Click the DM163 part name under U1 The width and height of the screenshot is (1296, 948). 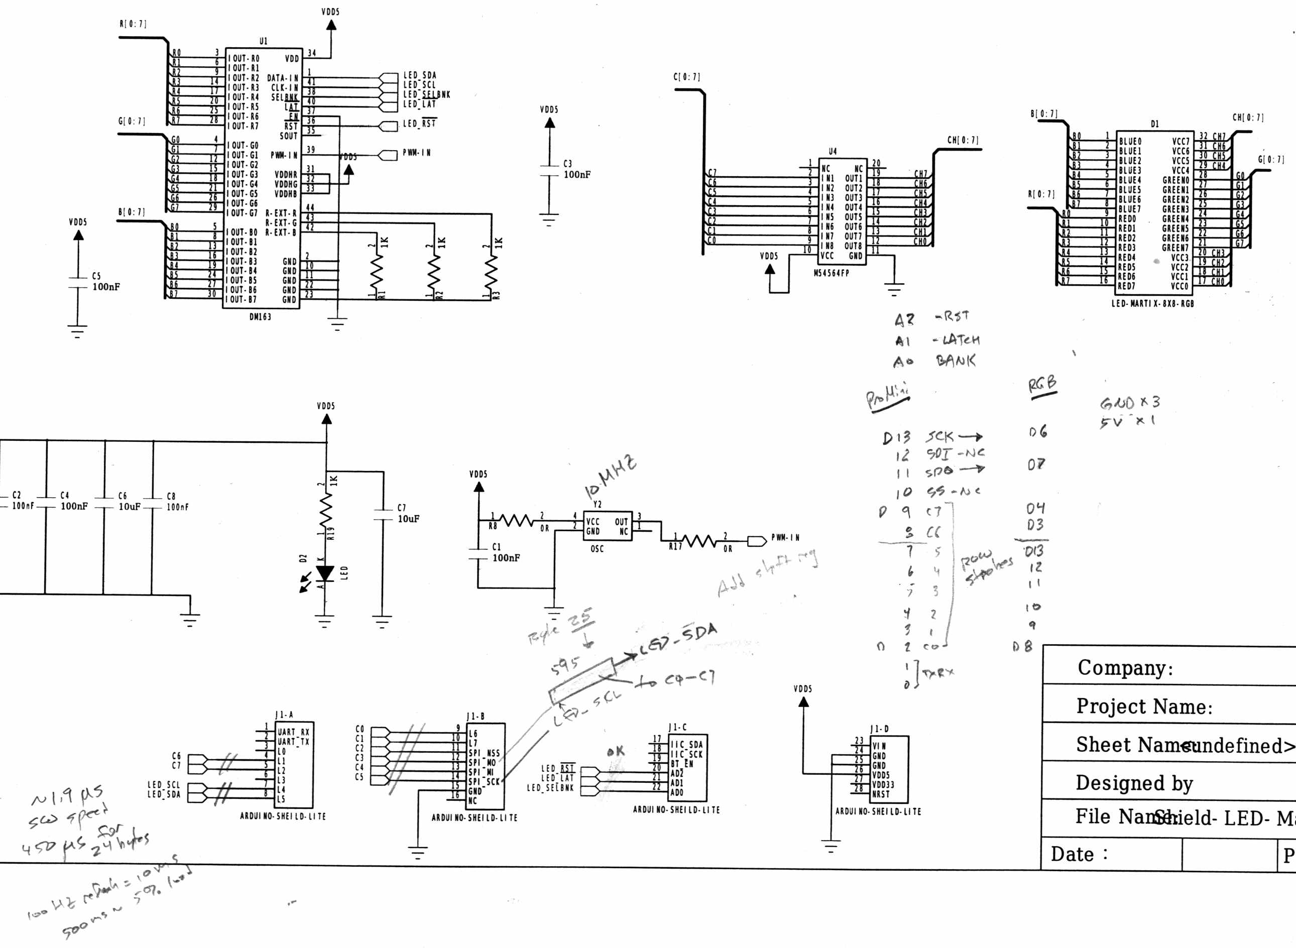pos(260,317)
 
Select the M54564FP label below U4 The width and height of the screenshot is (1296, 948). pos(832,273)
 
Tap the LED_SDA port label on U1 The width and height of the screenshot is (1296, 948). pos(419,75)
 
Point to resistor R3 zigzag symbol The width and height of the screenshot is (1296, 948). pos(491,273)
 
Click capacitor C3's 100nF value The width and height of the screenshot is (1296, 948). pos(576,174)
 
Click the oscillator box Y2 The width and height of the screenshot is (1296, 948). pos(607,526)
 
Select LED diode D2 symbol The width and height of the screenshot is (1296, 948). pos(325,573)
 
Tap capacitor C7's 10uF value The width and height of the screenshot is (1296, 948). pos(408,519)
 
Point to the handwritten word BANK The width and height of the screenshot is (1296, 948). pos(955,361)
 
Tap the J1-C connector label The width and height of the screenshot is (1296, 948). pos(677,728)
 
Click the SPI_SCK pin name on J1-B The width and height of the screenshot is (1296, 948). pos(484,782)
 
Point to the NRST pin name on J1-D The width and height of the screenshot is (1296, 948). pos(881,794)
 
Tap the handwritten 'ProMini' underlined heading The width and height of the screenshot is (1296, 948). pos(887,397)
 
